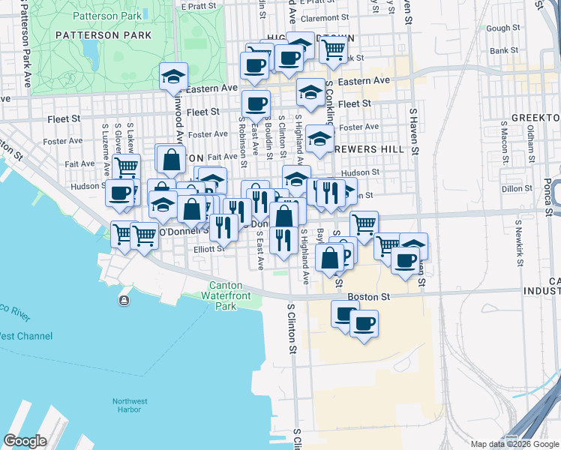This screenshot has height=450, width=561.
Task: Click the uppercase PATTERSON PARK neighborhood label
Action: (x=87, y=34)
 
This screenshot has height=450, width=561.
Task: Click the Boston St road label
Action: (x=373, y=297)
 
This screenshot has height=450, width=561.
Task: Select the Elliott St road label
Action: (x=209, y=249)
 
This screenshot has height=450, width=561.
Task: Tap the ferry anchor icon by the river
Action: (x=123, y=301)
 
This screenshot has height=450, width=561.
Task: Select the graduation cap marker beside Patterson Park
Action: (x=173, y=76)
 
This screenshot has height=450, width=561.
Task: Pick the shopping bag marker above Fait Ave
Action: (x=172, y=159)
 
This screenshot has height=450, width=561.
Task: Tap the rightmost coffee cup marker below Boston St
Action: (x=364, y=323)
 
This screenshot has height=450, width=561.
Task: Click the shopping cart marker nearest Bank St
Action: (x=333, y=49)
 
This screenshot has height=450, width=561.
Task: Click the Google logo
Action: (x=25, y=440)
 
